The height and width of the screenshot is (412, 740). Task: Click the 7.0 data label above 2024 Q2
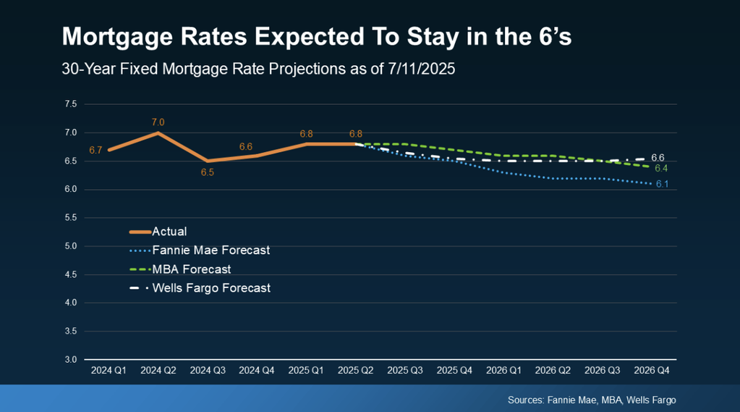point(158,122)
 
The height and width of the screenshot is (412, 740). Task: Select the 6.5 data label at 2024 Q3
point(208,172)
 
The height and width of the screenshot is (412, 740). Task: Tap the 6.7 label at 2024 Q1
point(95,150)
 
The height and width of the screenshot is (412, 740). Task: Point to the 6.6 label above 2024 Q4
point(246,146)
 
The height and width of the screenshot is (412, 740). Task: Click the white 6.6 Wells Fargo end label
point(658,157)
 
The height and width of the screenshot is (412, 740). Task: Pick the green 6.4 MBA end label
point(661,168)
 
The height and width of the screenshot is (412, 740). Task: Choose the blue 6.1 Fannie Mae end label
point(662,184)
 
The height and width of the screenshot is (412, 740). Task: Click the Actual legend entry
point(169,232)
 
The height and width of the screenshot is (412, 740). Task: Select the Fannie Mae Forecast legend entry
point(210,251)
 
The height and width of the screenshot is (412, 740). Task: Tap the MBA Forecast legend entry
point(192,269)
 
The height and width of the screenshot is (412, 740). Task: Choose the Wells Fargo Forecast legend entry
point(211,288)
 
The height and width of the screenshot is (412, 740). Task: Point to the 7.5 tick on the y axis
point(70,104)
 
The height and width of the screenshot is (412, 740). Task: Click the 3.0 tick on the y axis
point(70,360)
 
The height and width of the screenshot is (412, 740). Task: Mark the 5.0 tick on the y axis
point(70,246)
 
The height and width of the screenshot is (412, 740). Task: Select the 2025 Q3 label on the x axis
point(405,370)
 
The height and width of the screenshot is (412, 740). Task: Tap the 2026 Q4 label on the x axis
point(652,370)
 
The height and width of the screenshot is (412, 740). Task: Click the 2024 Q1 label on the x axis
point(109,370)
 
